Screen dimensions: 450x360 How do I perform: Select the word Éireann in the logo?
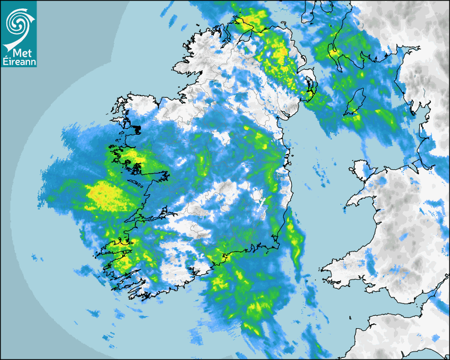pyautogui.click(x=19, y=62)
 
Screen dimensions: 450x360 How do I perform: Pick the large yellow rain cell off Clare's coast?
pyautogui.click(x=109, y=195)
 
